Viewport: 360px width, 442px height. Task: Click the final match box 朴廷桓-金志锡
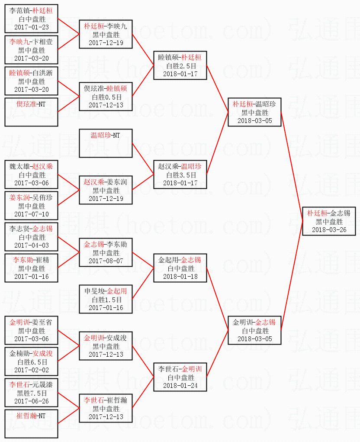[x=329, y=221]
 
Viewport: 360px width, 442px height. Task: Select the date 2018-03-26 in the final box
[x=329, y=229]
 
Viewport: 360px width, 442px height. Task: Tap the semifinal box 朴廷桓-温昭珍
[x=255, y=112]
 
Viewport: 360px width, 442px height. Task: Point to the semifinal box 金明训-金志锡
[x=255, y=330]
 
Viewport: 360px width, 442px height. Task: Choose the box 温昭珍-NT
[x=105, y=143]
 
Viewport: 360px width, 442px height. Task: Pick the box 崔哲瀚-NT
[x=31, y=423]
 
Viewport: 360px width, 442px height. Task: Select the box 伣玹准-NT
[x=31, y=112]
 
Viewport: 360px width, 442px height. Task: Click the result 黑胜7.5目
[x=31, y=393]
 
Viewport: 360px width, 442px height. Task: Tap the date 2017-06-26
[x=31, y=401]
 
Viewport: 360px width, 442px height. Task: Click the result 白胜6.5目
[x=31, y=361]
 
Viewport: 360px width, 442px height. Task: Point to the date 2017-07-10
[x=31, y=214]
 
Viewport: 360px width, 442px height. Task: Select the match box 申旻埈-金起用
[x=105, y=299]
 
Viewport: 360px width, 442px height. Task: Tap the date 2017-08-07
[x=105, y=261]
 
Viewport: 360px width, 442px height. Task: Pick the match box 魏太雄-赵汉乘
[x=31, y=174]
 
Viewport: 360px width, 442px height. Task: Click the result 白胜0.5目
[x=105, y=97]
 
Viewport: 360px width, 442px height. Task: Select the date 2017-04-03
[x=31, y=245]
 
